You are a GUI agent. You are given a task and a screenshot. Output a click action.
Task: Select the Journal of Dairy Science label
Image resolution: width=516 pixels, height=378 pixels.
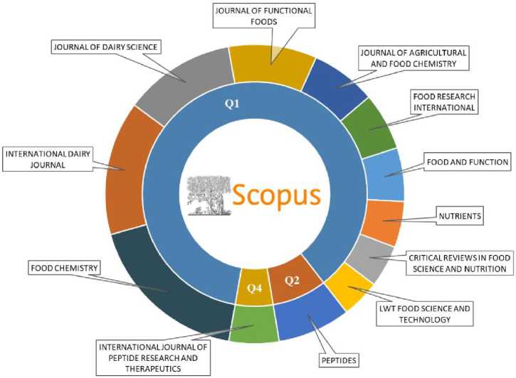[x=104, y=48]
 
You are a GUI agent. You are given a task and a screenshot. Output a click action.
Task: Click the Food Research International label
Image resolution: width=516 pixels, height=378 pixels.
[x=443, y=102]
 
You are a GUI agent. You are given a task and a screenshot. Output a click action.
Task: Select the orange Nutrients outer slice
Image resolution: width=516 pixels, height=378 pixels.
[x=383, y=222]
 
